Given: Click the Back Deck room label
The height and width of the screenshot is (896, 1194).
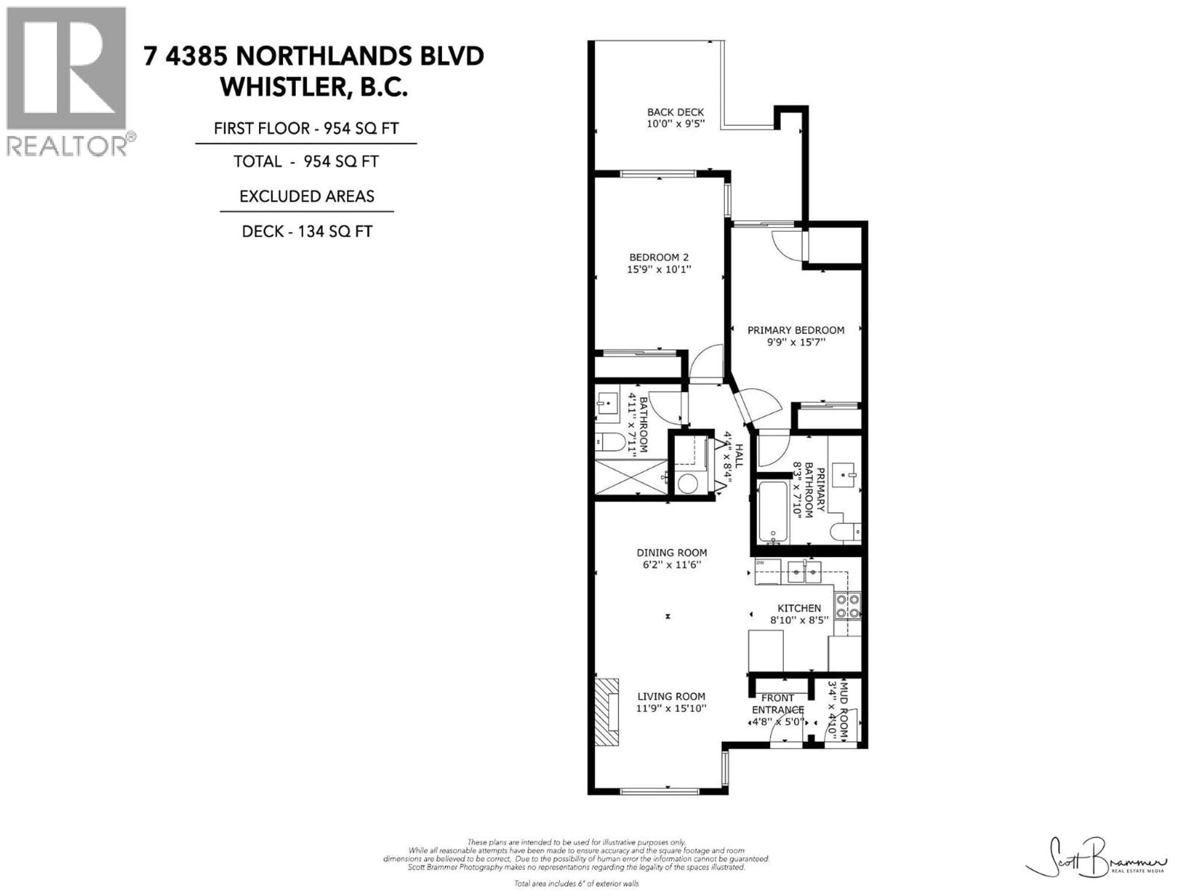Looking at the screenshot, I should pyautogui.click(x=675, y=112).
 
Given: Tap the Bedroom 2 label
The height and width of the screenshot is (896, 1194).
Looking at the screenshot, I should pyautogui.click(x=659, y=258).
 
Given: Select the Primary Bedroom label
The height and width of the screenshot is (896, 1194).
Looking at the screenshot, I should pyautogui.click(x=796, y=330).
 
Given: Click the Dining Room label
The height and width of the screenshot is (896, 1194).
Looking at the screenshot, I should pyautogui.click(x=672, y=553).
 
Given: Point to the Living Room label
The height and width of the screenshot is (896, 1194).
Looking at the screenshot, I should pyautogui.click(x=671, y=697).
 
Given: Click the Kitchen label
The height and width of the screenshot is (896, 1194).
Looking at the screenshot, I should pyautogui.click(x=799, y=608).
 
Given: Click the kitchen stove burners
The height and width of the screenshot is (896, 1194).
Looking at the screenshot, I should pyautogui.click(x=847, y=606).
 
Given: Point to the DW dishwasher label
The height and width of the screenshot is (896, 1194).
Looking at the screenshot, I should pyautogui.click(x=760, y=563).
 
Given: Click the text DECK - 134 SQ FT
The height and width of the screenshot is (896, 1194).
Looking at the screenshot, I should pyautogui.click(x=307, y=232).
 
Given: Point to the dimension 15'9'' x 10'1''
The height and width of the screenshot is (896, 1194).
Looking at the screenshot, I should pyautogui.click(x=659, y=269).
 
